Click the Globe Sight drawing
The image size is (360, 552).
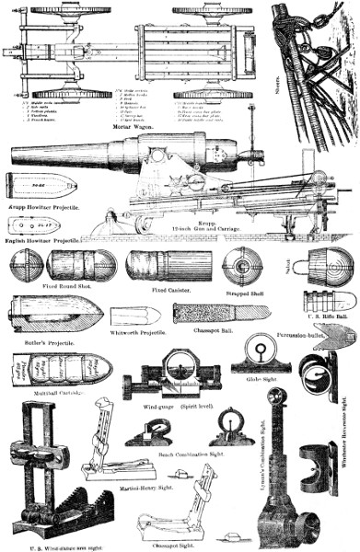[260, 355]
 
